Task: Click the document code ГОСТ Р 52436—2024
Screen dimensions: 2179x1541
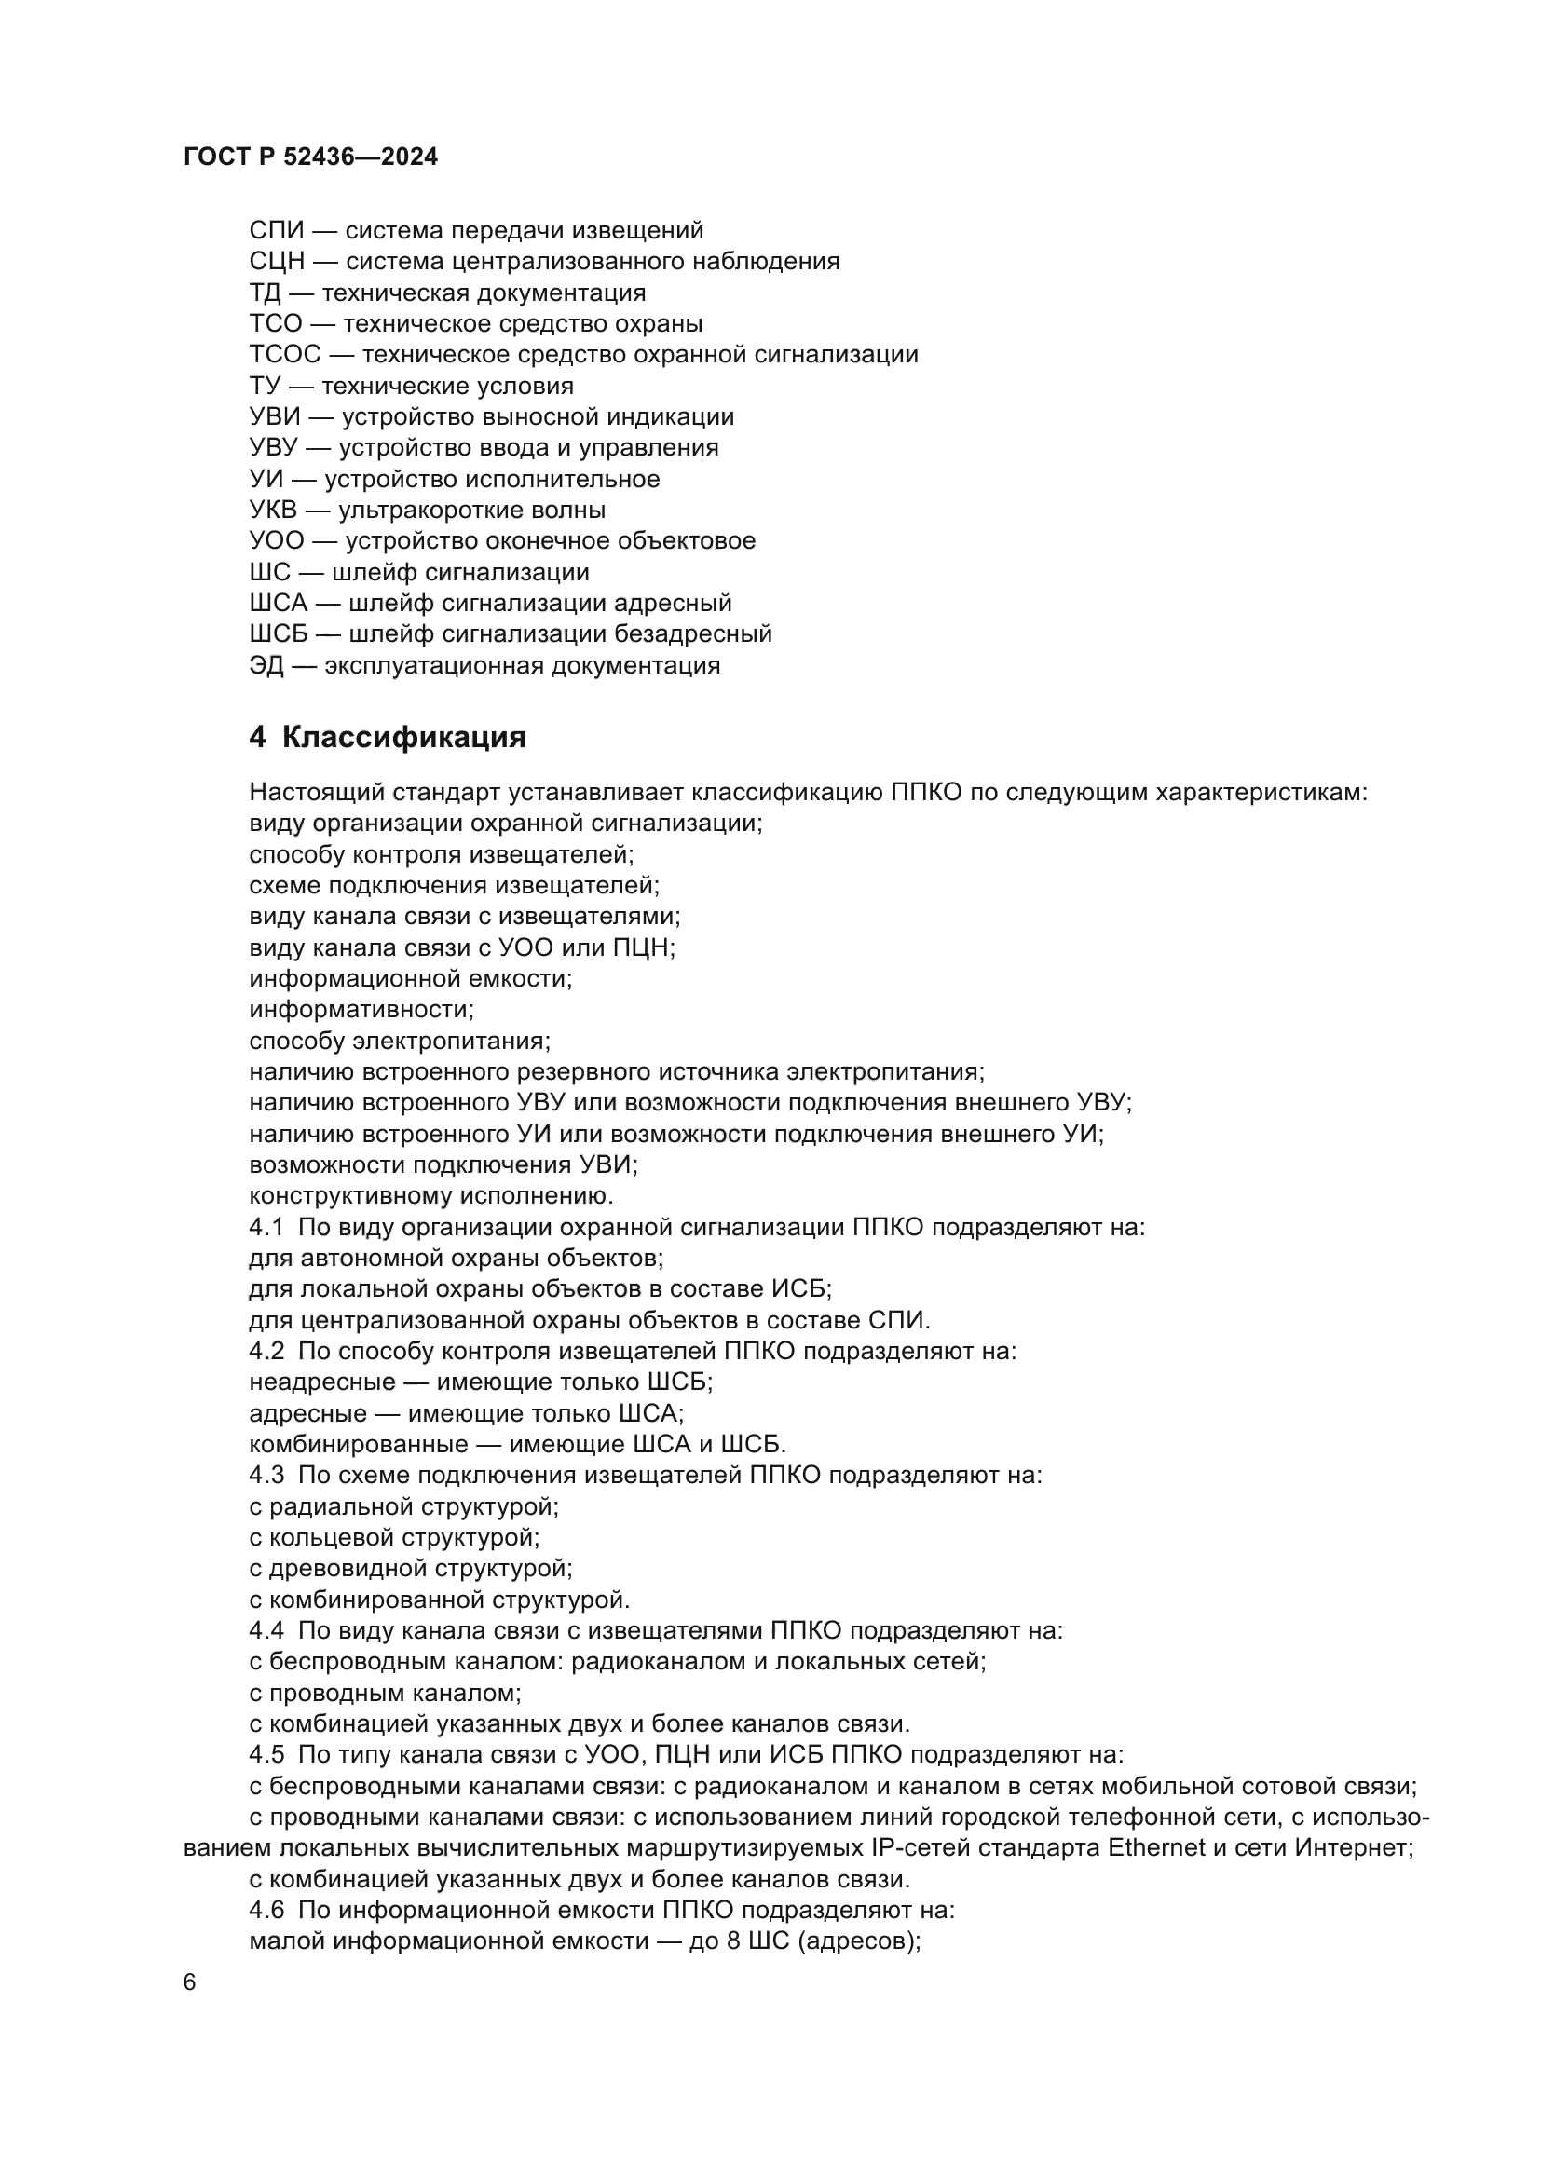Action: (310, 157)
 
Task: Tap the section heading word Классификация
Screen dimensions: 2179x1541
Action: (403, 737)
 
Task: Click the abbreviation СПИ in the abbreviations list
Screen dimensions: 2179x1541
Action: (276, 231)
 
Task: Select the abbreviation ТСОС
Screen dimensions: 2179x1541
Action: (285, 355)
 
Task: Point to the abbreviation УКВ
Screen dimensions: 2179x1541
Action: (273, 511)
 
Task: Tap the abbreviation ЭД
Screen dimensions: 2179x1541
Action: (266, 665)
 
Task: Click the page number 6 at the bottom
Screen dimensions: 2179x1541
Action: (190, 1983)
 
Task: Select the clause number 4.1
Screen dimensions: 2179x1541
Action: (266, 1227)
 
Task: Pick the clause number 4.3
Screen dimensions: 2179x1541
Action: (266, 1476)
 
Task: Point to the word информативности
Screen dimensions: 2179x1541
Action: (361, 1009)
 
